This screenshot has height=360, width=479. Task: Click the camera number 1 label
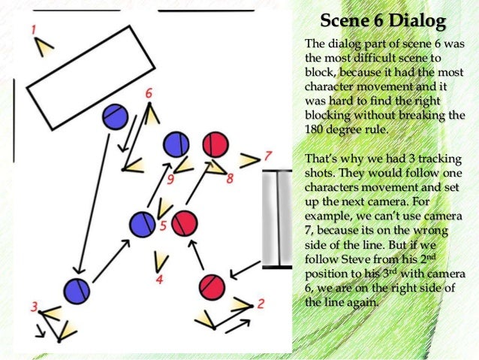point(34,29)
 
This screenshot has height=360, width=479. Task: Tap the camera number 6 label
point(149,93)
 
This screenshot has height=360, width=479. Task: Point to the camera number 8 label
point(230,178)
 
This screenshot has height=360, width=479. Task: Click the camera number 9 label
point(171,179)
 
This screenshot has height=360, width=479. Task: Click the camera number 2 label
point(261,304)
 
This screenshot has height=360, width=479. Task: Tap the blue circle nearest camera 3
point(76,290)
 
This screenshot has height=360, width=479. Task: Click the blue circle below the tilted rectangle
point(114,116)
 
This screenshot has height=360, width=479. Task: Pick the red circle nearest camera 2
point(212,286)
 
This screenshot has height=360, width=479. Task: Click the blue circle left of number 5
point(142,223)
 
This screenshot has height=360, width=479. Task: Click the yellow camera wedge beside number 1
point(46,48)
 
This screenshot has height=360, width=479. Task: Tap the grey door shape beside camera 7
point(278,219)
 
